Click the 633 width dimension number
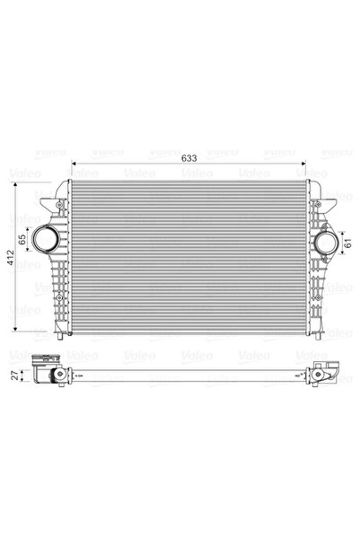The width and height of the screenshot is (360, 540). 189,159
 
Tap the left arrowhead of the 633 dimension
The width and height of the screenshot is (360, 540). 75,165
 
